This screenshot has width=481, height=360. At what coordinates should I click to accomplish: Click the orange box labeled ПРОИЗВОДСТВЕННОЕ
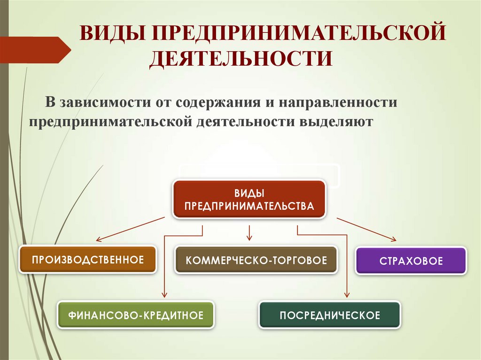[x=87, y=259]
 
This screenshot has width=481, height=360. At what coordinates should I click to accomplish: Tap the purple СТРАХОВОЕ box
[x=411, y=260]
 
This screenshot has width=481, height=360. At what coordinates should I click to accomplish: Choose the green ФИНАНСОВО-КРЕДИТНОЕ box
[x=136, y=314]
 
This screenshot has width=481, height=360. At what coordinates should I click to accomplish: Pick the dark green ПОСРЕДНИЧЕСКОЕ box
[x=330, y=314]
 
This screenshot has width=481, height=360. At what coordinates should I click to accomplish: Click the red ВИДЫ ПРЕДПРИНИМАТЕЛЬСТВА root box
[x=249, y=199]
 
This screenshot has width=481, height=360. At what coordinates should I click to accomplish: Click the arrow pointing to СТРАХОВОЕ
[x=366, y=229]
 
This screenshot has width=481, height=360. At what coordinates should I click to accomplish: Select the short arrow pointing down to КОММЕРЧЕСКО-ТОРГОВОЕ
[x=249, y=232]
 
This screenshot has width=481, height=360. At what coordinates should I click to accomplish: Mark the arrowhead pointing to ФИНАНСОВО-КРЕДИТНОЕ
[x=164, y=294]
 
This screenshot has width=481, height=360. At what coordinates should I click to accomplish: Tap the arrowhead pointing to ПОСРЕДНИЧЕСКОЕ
[x=347, y=294]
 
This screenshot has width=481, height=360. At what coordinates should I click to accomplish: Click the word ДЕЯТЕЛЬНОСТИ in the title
[x=241, y=60]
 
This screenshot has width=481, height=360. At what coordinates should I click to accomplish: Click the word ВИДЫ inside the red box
[x=249, y=193]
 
